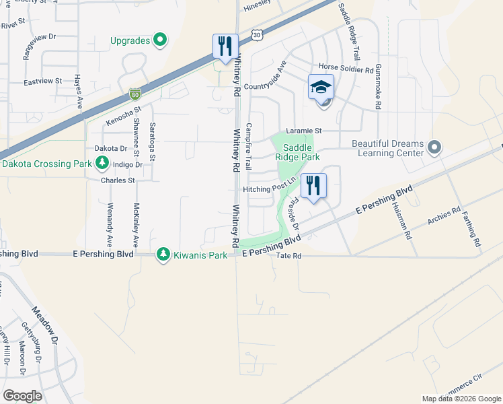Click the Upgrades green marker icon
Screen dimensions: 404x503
point(159,40)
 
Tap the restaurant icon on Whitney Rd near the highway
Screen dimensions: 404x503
point(225,46)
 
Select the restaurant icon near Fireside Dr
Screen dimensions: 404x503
point(313,185)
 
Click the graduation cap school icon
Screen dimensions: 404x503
point(321,87)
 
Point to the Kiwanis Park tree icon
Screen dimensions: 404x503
point(162,254)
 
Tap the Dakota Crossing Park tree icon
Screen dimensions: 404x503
point(102,162)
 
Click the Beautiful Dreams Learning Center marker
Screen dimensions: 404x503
point(434,147)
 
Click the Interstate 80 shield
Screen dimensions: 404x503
point(134,94)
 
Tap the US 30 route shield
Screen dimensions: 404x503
point(256,34)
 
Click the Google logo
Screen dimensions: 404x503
point(22,396)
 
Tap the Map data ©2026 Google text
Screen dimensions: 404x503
point(461,399)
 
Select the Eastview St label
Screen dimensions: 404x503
point(42,81)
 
